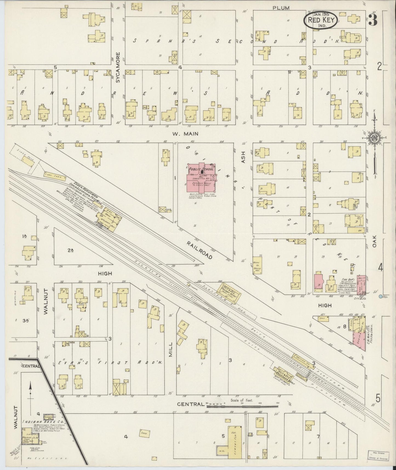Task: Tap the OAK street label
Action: pos(375,242)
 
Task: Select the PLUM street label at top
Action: pos(281,8)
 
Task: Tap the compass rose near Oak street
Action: pos(374,137)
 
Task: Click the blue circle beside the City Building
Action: pos(380,296)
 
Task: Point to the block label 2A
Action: pos(70,250)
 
